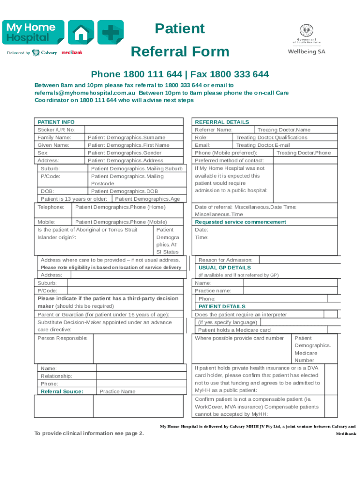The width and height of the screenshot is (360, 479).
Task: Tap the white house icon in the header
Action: tap(81, 33)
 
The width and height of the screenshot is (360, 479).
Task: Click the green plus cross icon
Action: tap(110, 33)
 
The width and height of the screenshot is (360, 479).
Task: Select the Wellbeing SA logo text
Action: tap(306, 51)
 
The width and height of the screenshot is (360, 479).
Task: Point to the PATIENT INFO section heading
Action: tap(56, 122)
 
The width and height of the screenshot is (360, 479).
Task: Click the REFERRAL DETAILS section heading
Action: tap(222, 122)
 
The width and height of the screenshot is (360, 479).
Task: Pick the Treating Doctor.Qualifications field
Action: tap(272, 138)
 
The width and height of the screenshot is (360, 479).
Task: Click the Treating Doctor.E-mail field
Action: tap(263, 145)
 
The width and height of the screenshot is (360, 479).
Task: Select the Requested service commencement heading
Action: tap(240, 222)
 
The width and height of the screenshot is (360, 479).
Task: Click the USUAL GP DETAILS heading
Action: tap(224, 268)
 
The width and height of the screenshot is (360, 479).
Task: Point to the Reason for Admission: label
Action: tap(225, 260)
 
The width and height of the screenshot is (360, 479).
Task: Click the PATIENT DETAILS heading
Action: tap(222, 306)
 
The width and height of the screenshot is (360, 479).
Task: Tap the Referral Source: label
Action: tap(62, 392)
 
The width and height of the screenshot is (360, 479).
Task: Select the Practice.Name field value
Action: tap(117, 392)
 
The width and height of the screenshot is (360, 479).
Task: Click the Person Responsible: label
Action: tap(62, 338)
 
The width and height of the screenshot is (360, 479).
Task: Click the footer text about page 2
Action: tap(89, 433)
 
